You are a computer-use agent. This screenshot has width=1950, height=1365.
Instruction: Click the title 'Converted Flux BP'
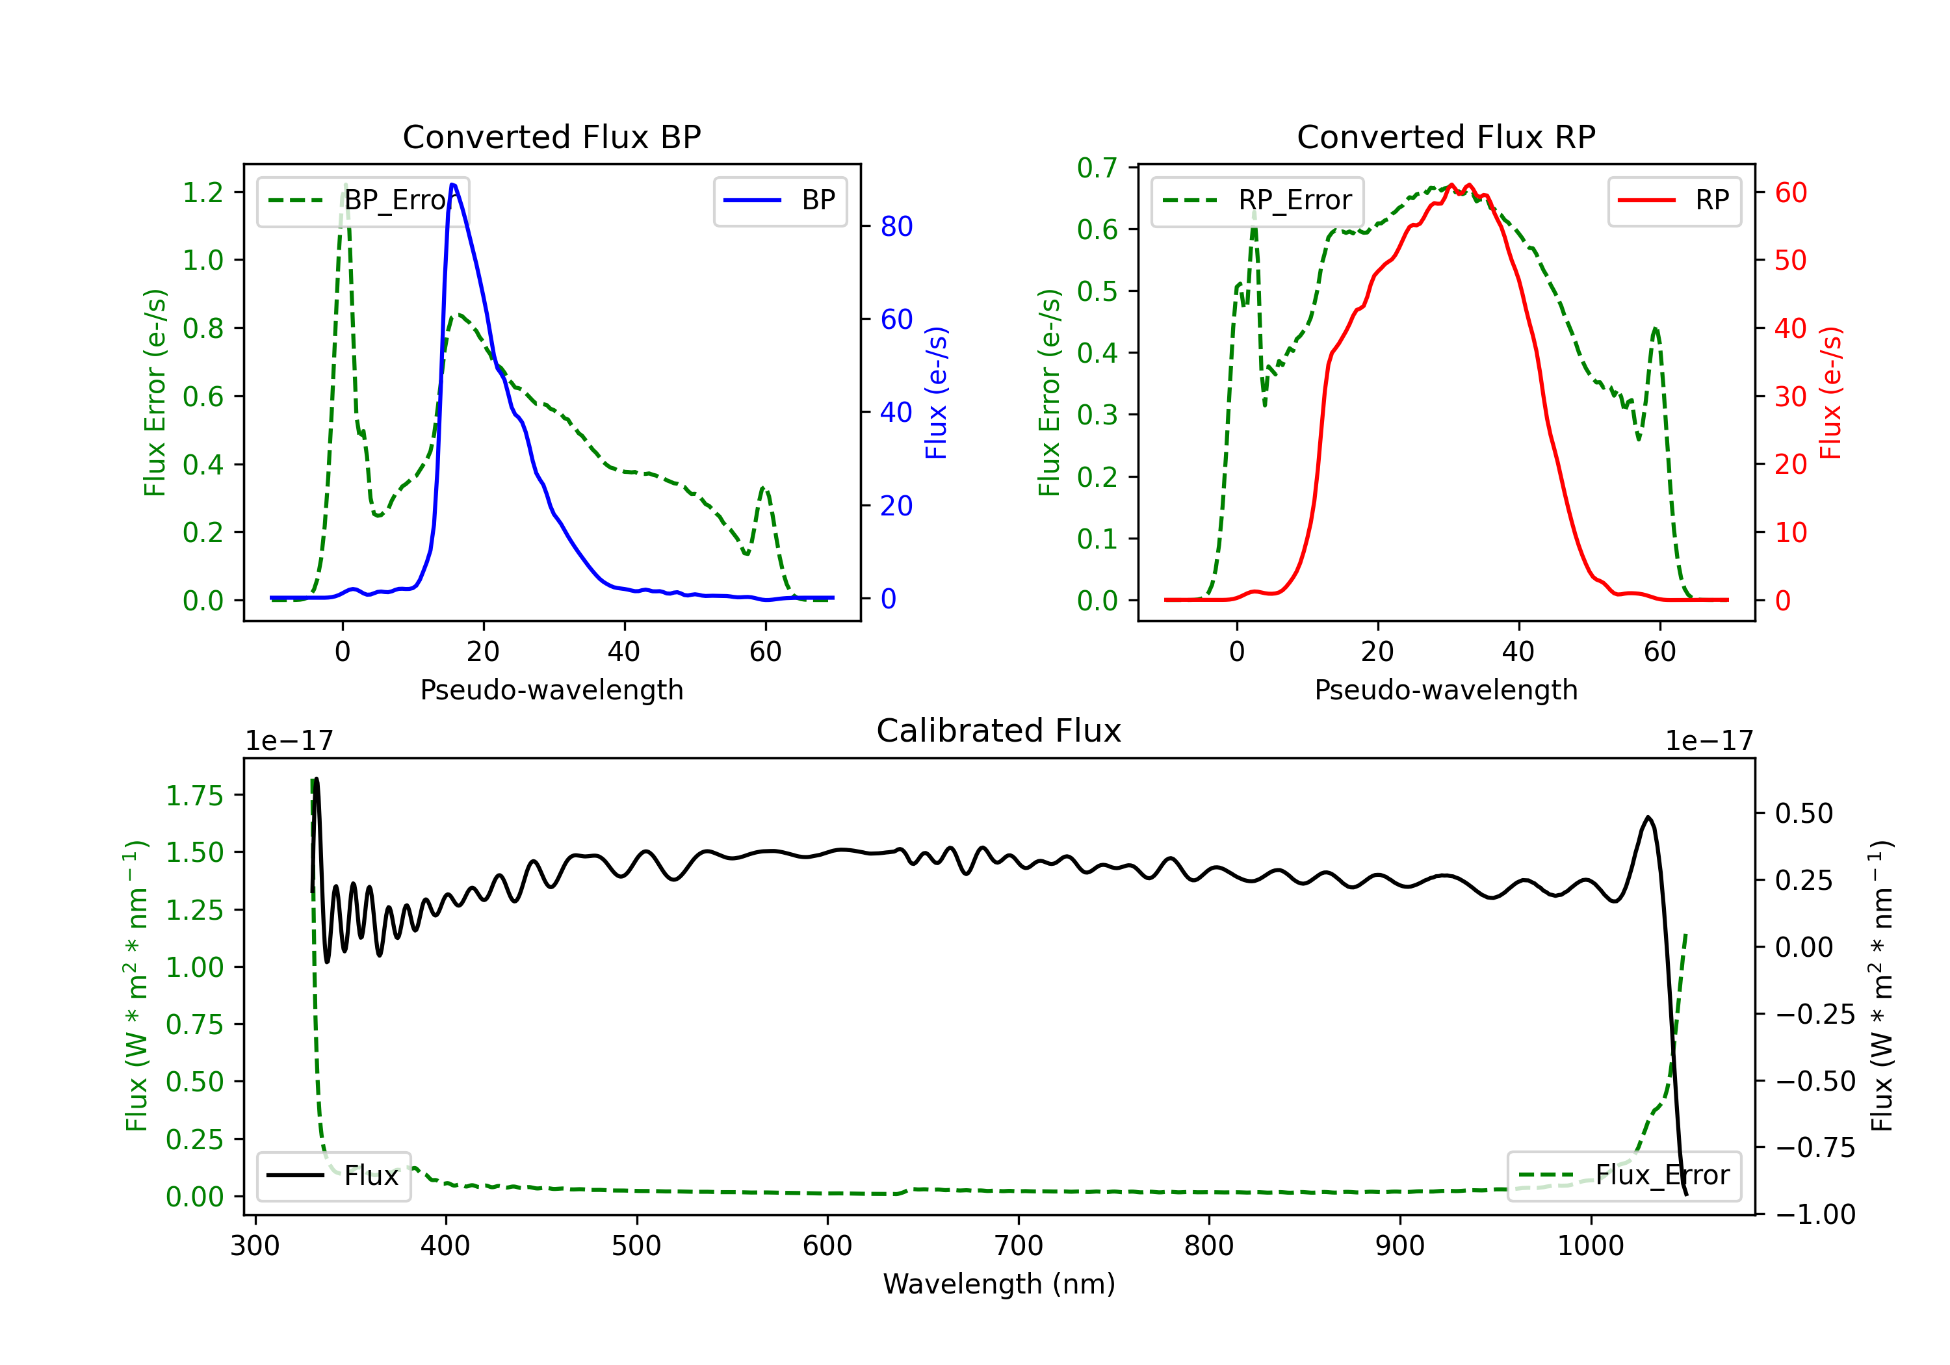(x=551, y=136)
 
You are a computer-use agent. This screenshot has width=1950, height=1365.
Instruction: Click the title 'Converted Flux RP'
(x=1446, y=136)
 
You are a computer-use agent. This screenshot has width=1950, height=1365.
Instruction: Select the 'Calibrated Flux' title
(x=999, y=731)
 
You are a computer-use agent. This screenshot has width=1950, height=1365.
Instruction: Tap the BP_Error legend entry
(x=363, y=200)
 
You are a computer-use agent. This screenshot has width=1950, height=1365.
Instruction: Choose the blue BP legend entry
(x=779, y=200)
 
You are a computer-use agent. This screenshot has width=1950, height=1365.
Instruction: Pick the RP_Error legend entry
(x=1257, y=200)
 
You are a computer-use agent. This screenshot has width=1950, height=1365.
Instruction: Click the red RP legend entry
(x=1674, y=200)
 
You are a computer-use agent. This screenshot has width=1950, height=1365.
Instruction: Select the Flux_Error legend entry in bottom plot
(x=1624, y=1176)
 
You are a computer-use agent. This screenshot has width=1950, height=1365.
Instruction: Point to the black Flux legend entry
(x=333, y=1176)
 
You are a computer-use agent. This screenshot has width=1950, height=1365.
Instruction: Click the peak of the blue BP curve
(x=452, y=185)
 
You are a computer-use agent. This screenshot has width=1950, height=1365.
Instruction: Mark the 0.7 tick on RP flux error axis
(x=1097, y=167)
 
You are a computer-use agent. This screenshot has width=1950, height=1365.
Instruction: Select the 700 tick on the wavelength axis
(x=1019, y=1245)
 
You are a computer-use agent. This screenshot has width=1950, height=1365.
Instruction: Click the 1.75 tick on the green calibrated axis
(x=194, y=796)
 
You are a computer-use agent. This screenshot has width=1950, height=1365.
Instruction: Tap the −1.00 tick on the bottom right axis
(x=1815, y=1214)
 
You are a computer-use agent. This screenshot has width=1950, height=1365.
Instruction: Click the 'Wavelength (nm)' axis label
(x=999, y=1284)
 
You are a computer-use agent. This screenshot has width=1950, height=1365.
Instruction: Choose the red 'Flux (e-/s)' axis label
(x=1831, y=393)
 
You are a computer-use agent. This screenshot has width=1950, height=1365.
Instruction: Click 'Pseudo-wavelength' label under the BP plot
(x=552, y=690)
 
